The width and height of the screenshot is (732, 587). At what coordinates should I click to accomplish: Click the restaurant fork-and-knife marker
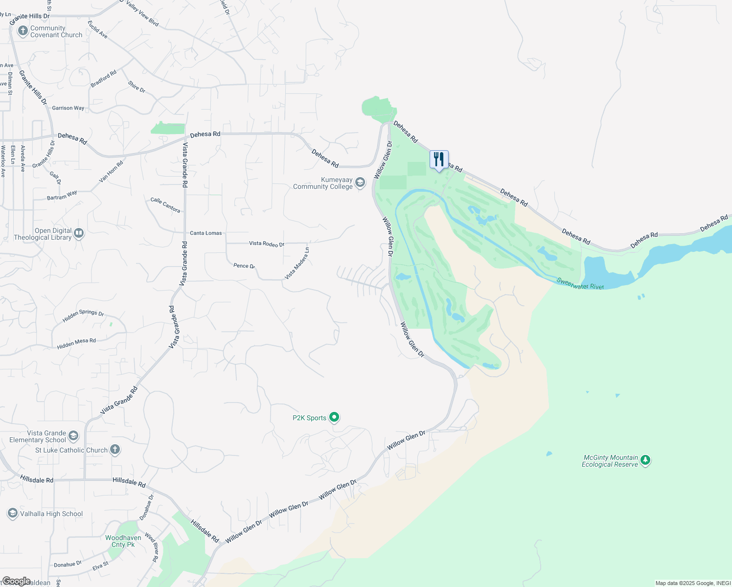pyautogui.click(x=439, y=159)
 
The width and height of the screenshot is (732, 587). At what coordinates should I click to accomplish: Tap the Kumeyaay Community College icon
pyautogui.click(x=360, y=183)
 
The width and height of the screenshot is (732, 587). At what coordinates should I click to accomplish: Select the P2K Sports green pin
pyautogui.click(x=334, y=417)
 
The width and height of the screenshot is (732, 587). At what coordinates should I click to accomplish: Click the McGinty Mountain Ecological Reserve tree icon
pyautogui.click(x=645, y=460)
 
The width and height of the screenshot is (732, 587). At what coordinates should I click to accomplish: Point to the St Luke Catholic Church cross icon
pyautogui.click(x=115, y=450)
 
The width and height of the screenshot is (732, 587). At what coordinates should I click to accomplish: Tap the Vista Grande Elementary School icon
pyautogui.click(x=73, y=436)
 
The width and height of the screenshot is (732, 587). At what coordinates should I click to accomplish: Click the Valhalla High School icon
pyautogui.click(x=13, y=513)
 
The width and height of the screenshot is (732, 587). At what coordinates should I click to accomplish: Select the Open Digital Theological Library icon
pyautogui.click(x=79, y=233)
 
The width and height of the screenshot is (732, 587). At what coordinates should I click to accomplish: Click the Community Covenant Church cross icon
pyautogui.click(x=23, y=31)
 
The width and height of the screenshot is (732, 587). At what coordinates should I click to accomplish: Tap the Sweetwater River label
pyautogui.click(x=580, y=284)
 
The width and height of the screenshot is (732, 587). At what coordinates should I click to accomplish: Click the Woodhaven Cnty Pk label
pyautogui.click(x=123, y=541)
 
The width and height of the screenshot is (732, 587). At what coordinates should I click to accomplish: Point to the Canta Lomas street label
pyautogui.click(x=206, y=233)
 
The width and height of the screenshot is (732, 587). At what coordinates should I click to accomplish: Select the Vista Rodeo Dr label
pyautogui.click(x=266, y=244)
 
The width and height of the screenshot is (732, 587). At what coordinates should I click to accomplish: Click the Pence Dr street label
pyautogui.click(x=244, y=266)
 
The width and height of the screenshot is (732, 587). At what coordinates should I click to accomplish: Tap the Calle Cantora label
pyautogui.click(x=165, y=205)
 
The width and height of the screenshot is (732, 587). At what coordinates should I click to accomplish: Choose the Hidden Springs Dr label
pyautogui.click(x=83, y=316)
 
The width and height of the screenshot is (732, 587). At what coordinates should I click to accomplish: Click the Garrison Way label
pyautogui.click(x=68, y=108)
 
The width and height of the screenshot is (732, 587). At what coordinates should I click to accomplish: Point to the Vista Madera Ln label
pyautogui.click(x=297, y=264)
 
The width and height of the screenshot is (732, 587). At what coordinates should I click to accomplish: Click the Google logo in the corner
pyautogui.click(x=16, y=581)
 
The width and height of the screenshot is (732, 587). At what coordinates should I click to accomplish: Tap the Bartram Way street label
pyautogui.click(x=62, y=196)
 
